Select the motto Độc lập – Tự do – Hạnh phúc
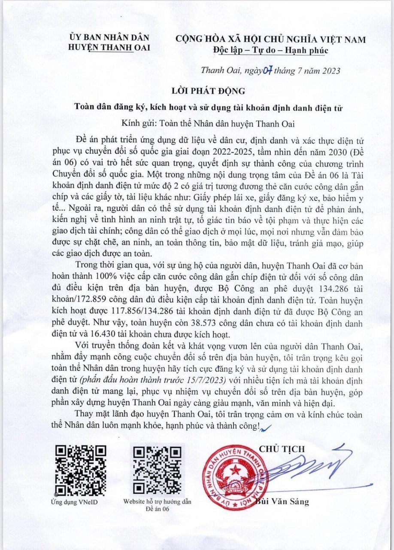tap(270, 51)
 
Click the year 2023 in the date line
tap(328, 70)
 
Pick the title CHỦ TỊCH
tap(288, 449)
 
